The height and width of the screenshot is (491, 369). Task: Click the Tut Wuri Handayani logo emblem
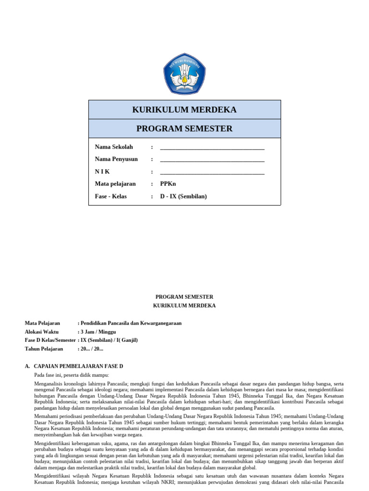pyautogui.click(x=184, y=74)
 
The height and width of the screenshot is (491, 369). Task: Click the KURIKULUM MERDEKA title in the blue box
pyautogui.click(x=184, y=110)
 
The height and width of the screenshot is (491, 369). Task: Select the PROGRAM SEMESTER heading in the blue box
pyautogui.click(x=184, y=129)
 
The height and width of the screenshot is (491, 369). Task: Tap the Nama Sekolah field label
pyautogui.click(x=114, y=147)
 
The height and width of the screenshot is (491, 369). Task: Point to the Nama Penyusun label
pyautogui.click(x=116, y=159)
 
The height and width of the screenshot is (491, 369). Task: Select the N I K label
pyautogui.click(x=102, y=172)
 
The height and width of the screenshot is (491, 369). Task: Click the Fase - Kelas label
pyautogui.click(x=111, y=197)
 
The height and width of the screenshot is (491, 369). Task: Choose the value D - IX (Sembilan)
pyautogui.click(x=184, y=197)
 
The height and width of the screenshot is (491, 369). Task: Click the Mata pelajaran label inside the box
pyautogui.click(x=115, y=184)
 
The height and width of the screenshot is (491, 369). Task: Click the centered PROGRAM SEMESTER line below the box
pyautogui.click(x=184, y=297)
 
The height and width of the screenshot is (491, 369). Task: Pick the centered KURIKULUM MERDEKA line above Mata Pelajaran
pyautogui.click(x=184, y=306)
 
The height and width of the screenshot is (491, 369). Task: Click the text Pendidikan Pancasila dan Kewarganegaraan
pyautogui.click(x=132, y=323)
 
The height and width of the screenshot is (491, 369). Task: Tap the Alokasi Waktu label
pyautogui.click(x=42, y=332)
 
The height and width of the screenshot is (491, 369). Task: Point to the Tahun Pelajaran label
pyautogui.click(x=44, y=349)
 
